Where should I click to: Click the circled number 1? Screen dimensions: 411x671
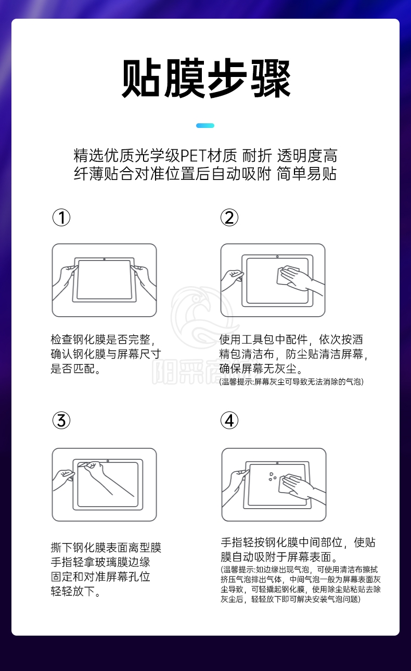61,217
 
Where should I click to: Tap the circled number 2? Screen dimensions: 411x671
229,217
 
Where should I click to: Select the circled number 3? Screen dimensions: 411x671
61,420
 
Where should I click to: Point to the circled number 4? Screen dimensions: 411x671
229,420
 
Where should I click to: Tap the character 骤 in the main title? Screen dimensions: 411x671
271,78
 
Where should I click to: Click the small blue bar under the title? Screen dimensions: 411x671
205,125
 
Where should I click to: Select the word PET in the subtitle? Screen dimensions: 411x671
194,156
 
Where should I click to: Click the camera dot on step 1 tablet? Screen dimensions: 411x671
104,259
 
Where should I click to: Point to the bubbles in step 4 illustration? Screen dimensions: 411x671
272,476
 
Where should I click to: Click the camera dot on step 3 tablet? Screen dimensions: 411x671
108,461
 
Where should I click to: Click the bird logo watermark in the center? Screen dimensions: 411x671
204,317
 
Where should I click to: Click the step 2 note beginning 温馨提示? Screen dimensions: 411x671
291,382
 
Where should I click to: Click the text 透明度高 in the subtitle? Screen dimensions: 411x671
307,156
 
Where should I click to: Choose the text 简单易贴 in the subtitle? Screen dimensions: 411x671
306,174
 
